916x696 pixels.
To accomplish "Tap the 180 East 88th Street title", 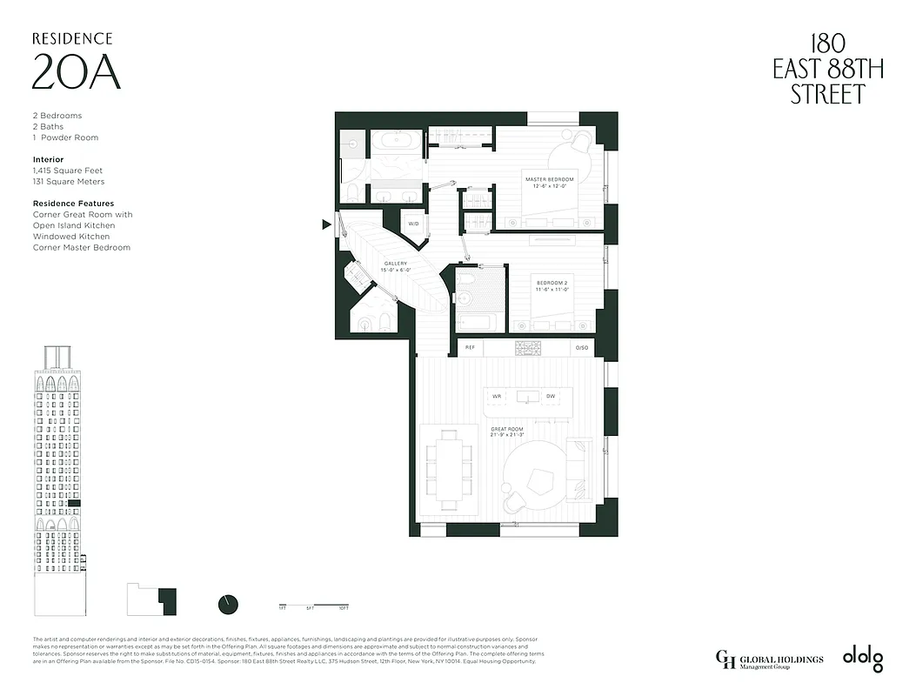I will pos(827,69).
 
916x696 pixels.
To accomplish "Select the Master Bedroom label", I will pos(549,182).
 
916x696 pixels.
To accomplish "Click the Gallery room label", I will pos(396,266).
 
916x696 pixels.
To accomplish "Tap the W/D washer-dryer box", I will pos(413,224).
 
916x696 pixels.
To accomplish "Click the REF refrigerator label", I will pos(470,348).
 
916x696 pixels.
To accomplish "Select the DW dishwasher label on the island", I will pos(550,397).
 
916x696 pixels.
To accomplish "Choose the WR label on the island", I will pos(498,397).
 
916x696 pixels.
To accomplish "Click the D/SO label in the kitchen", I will pos(582,348).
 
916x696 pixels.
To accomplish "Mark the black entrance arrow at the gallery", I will pos(326,224).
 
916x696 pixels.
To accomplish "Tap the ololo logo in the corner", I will pos(862,659).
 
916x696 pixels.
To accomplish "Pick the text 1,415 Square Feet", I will pos(67,171).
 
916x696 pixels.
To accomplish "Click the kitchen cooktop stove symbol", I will pos(527,348).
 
